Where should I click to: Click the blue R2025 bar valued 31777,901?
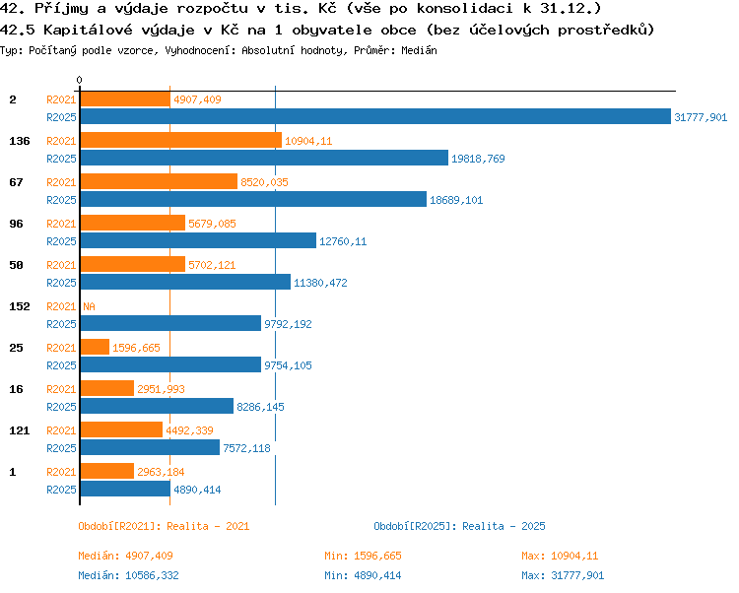[375, 117]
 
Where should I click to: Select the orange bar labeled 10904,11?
[181, 140]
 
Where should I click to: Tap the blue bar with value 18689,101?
[253, 199]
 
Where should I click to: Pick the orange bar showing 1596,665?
[95, 347]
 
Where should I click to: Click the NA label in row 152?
[89, 306]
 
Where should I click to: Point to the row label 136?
[20, 141]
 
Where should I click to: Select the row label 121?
[20, 430]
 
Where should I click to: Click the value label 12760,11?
[343, 241]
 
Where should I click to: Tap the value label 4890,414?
[197, 490]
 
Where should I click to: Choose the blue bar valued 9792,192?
[170, 323]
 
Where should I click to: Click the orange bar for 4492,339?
[121, 429]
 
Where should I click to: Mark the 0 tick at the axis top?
[79, 80]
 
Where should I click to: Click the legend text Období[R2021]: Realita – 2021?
[164, 526]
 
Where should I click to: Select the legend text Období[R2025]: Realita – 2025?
[459, 526]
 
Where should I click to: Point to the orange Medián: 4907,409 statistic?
[125, 556]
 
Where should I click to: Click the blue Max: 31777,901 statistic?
[563, 575]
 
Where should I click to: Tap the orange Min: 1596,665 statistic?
[363, 556]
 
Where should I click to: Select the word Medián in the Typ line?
[419, 50]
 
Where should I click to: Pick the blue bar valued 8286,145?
[157, 406]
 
